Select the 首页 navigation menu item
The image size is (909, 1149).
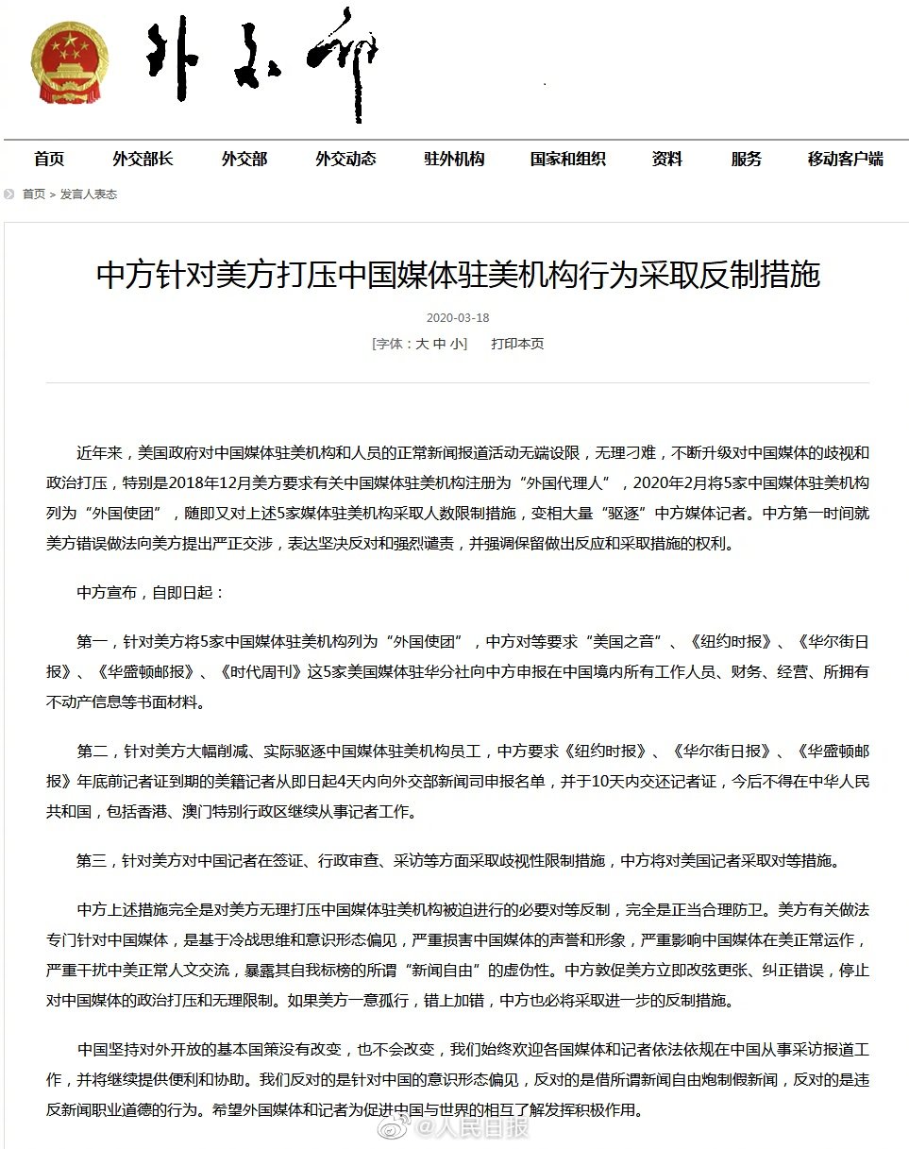point(49,159)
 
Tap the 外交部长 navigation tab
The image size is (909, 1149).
point(143,159)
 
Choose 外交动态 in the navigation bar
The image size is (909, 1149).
point(345,159)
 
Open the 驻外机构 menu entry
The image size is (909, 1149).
point(453,159)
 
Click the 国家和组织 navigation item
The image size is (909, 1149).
point(567,159)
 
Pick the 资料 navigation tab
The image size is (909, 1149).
point(666,159)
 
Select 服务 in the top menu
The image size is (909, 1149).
point(746,159)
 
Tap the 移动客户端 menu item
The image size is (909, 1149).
point(845,159)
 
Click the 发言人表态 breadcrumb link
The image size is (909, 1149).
point(89,194)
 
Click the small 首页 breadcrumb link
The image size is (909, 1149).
point(34,194)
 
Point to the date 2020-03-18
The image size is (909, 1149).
point(458,318)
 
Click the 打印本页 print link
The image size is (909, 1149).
point(517,344)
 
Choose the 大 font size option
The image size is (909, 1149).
point(422,344)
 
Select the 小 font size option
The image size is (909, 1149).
point(457,344)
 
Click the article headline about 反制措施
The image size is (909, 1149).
point(458,275)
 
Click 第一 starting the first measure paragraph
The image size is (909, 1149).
point(93,642)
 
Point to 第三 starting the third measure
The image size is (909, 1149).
point(93,861)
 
